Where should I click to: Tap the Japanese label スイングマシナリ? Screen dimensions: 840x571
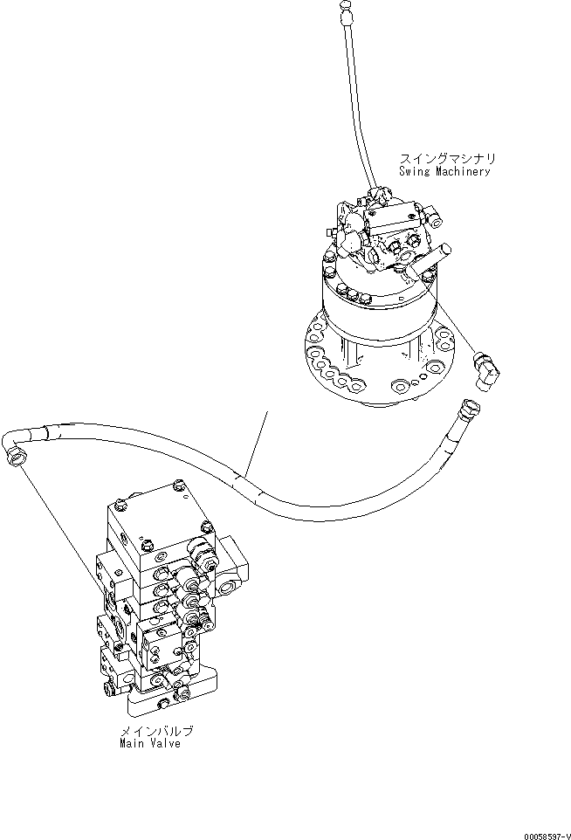coord(447,159)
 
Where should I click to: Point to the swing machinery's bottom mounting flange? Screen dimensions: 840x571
coord(375,367)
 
